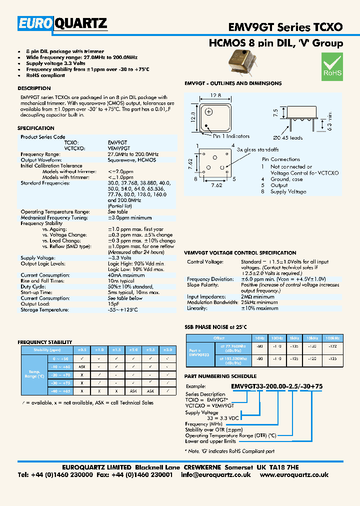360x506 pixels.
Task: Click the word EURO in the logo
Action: pos(35,23)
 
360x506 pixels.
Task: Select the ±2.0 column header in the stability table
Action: pos(133,349)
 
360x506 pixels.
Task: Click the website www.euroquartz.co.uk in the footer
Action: pos(294,475)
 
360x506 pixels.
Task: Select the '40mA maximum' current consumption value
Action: pos(126,275)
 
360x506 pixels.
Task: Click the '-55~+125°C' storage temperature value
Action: pos(123,309)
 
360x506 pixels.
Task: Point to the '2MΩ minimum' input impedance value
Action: pos(259,296)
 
